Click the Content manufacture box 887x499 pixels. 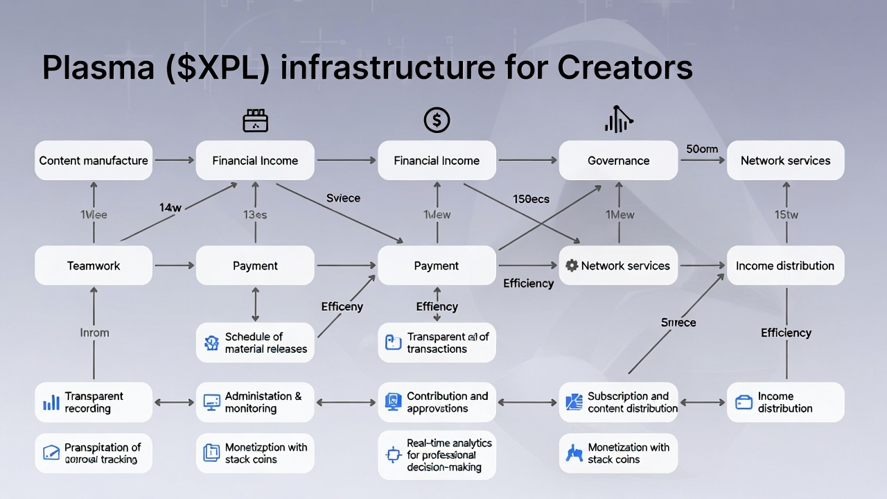click(x=94, y=161)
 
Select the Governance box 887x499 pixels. click(x=618, y=161)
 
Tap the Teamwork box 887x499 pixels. click(x=94, y=265)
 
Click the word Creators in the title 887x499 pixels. click(x=624, y=68)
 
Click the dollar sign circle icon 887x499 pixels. click(x=437, y=121)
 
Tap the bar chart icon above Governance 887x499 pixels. click(x=618, y=121)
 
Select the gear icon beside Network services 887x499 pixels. click(x=572, y=265)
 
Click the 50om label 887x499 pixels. click(x=702, y=149)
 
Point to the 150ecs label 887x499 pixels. click(x=531, y=199)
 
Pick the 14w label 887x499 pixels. click(x=170, y=207)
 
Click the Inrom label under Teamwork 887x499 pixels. click(x=94, y=333)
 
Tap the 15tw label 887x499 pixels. click(x=786, y=215)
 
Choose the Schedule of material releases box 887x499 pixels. click(x=255, y=342)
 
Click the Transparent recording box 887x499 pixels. click(x=94, y=403)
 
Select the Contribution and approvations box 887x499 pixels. click(x=437, y=403)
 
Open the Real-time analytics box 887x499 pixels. click(x=437, y=455)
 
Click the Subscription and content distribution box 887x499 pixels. click(x=618, y=403)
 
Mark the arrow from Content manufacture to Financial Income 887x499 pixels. click(x=174, y=161)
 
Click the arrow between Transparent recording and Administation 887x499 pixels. click(x=174, y=402)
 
